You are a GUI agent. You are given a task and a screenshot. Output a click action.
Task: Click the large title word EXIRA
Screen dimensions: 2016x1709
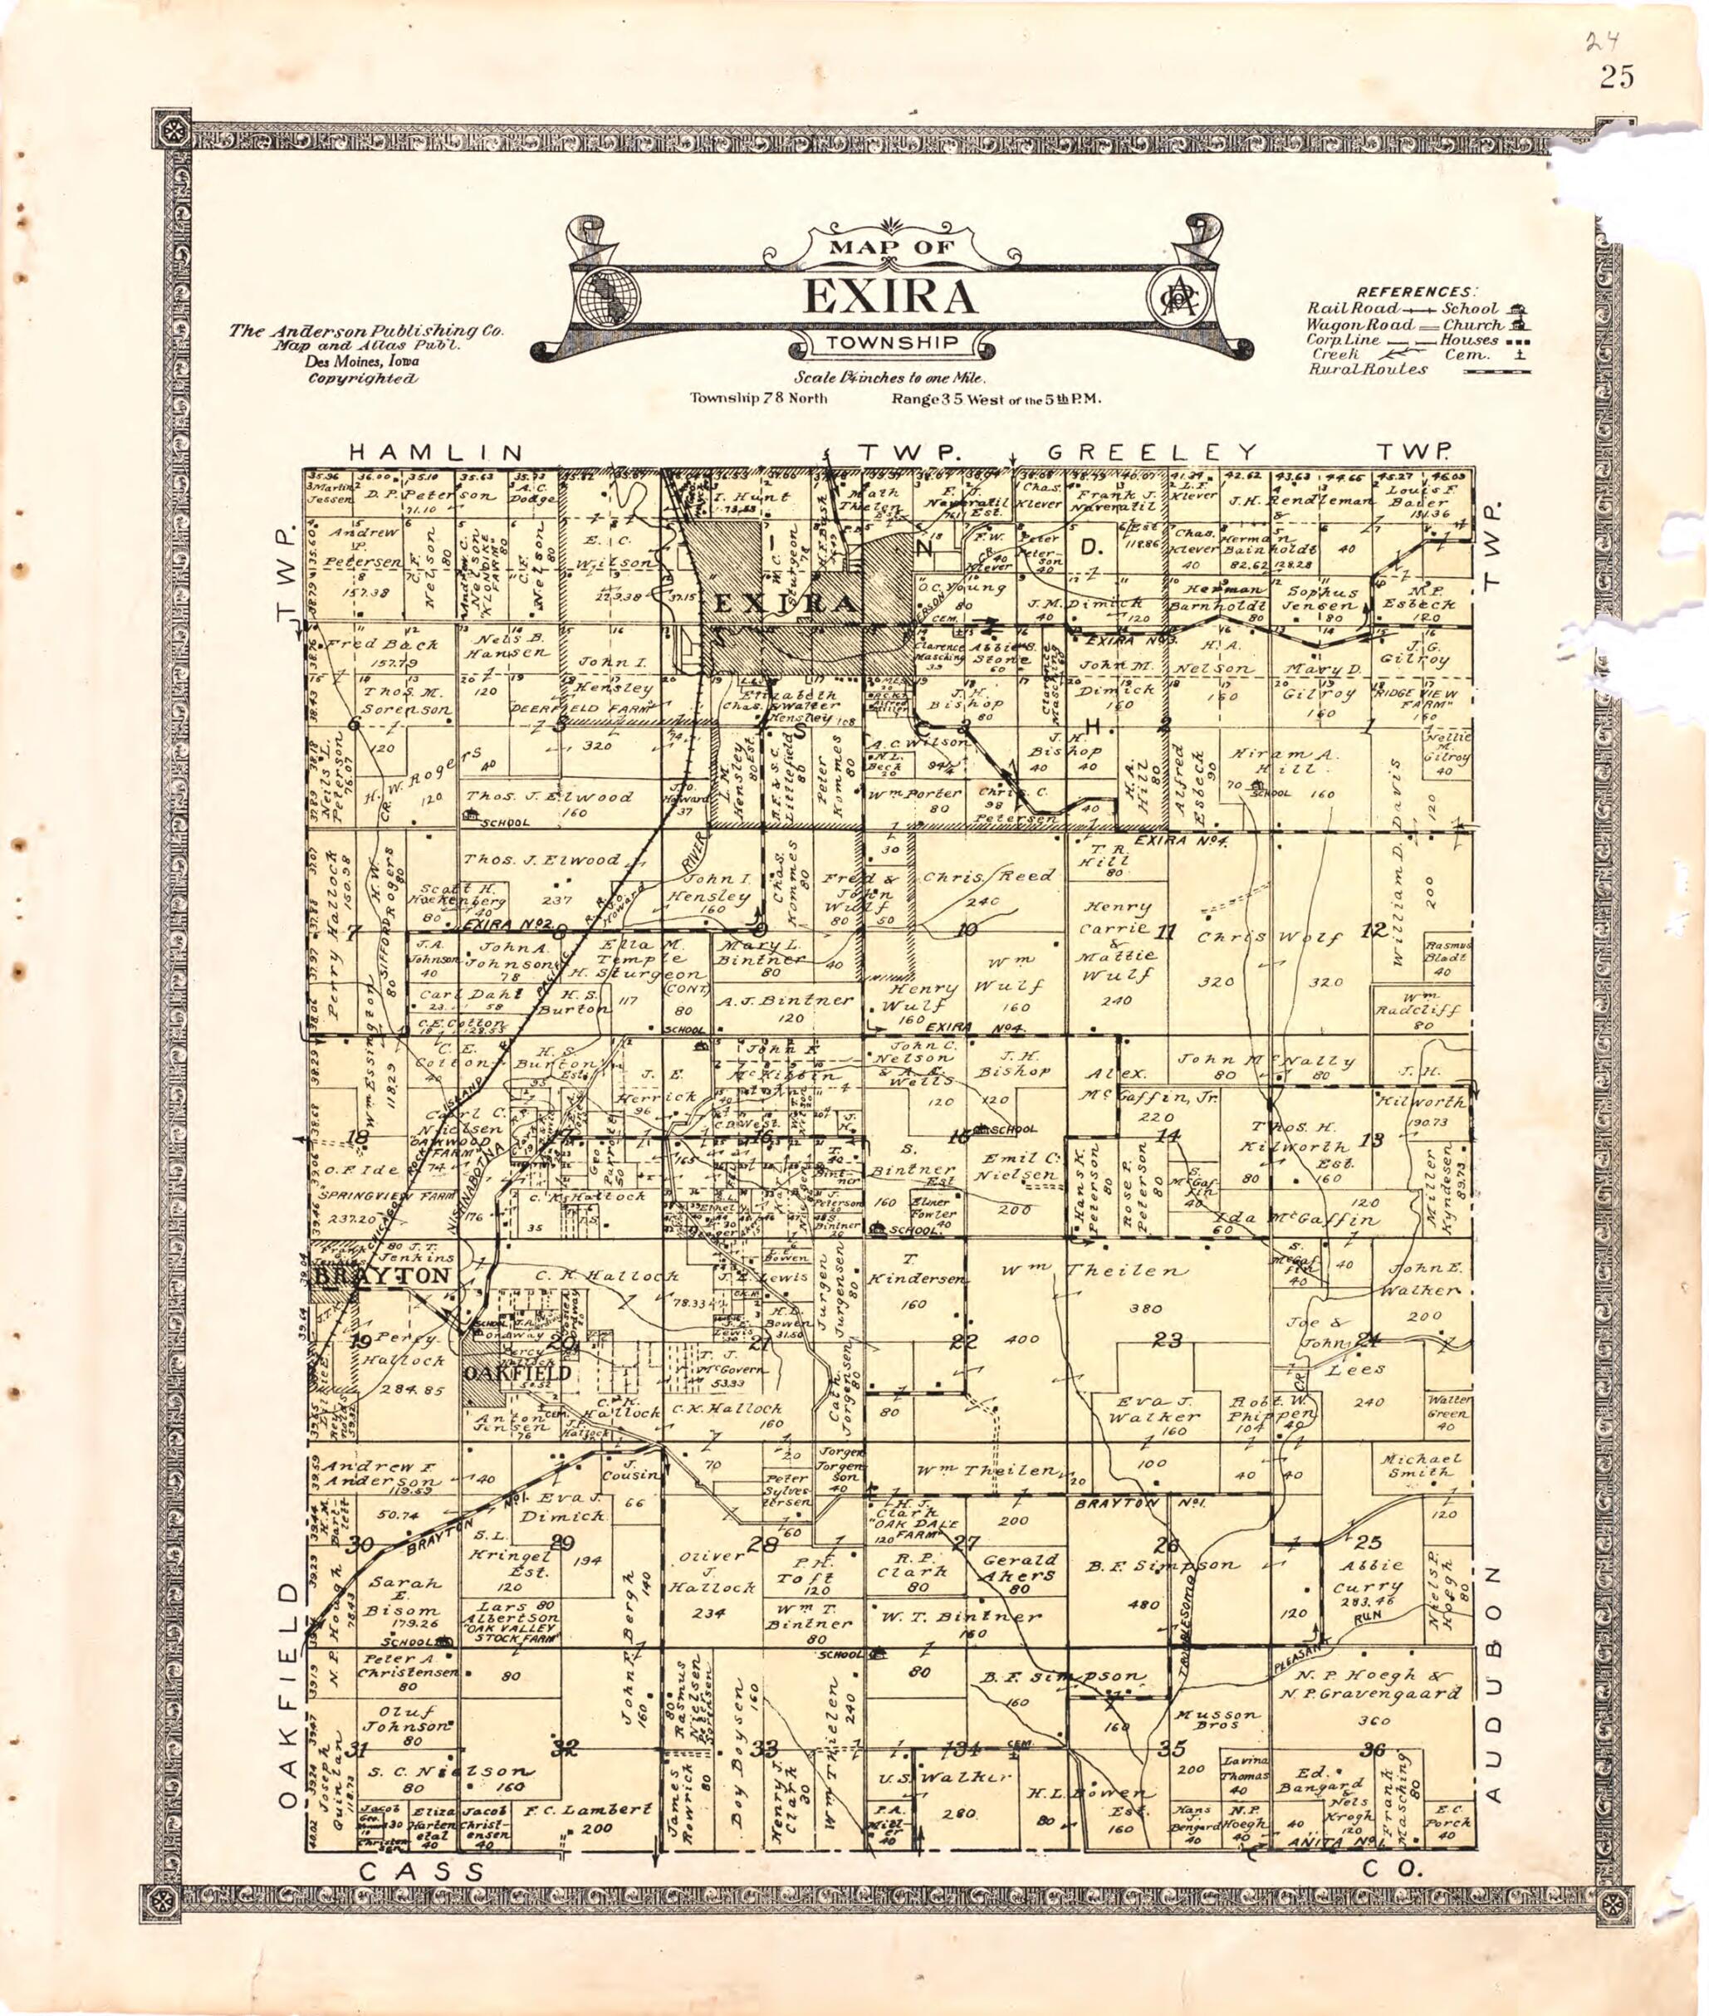click(889, 297)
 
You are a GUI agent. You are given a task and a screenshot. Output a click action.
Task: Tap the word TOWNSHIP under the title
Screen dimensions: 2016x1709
click(892, 343)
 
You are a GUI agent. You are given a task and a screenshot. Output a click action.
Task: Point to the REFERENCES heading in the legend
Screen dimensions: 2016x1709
click(1417, 291)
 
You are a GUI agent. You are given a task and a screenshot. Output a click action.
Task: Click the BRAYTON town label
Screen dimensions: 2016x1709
click(383, 1276)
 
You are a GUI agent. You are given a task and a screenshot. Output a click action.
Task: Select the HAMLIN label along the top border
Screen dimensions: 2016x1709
click(437, 453)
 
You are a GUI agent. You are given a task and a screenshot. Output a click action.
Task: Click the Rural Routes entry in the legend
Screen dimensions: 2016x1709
click(1367, 369)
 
